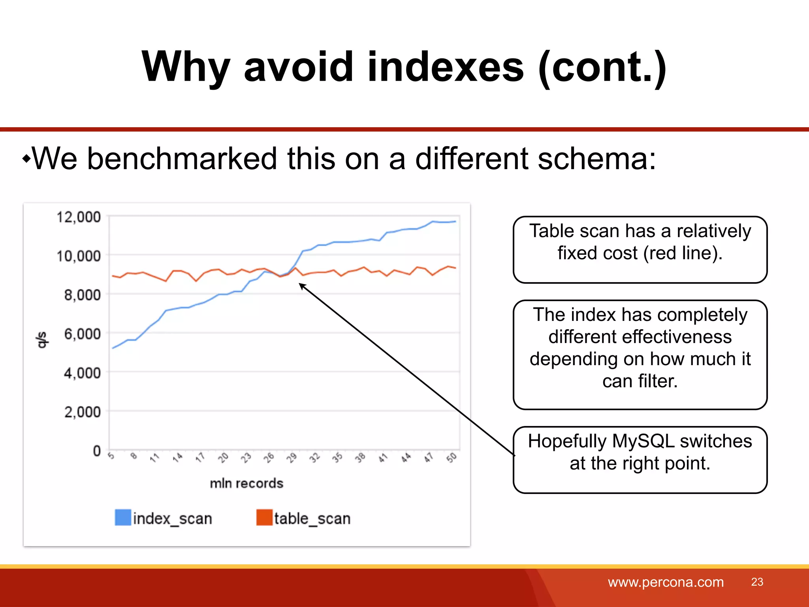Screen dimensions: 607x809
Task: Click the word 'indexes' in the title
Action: point(445,67)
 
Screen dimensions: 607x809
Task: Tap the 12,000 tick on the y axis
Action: point(79,217)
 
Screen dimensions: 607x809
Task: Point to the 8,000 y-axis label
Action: point(82,295)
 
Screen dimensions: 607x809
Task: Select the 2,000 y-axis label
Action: point(82,412)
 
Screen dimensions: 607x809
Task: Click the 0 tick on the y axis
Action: point(97,451)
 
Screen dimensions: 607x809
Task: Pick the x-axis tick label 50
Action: point(452,458)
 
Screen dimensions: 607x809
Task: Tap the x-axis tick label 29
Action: point(292,458)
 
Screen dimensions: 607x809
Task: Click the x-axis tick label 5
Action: point(111,456)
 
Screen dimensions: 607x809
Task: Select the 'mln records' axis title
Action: point(246,483)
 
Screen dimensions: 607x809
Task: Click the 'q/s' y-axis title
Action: point(41,340)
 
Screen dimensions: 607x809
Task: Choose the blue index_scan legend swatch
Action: point(123,518)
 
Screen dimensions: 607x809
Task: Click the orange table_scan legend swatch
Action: point(264,518)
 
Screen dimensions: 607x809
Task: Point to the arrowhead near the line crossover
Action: point(301,285)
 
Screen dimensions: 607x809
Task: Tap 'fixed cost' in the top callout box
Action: point(597,253)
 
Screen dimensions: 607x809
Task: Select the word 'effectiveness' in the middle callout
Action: point(640,337)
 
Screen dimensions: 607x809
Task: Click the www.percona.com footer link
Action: point(666,582)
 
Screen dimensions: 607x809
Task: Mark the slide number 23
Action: point(757,582)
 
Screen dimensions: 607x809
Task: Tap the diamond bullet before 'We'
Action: point(26,159)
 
